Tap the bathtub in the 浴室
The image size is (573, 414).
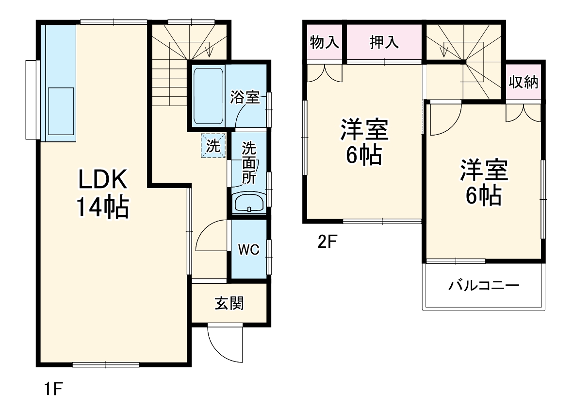point(208,96)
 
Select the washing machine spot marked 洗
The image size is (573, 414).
point(213,146)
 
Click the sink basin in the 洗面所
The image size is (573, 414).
point(248,203)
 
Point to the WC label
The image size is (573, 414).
point(248,250)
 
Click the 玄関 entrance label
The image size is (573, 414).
point(229,304)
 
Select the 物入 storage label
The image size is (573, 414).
point(324,43)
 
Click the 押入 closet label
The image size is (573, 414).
point(384,43)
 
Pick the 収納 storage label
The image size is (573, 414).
point(523,82)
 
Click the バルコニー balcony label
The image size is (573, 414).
point(483,285)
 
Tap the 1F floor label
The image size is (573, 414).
point(54,389)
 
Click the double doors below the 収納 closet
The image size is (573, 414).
point(523,112)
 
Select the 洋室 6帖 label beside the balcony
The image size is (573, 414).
point(483,182)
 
